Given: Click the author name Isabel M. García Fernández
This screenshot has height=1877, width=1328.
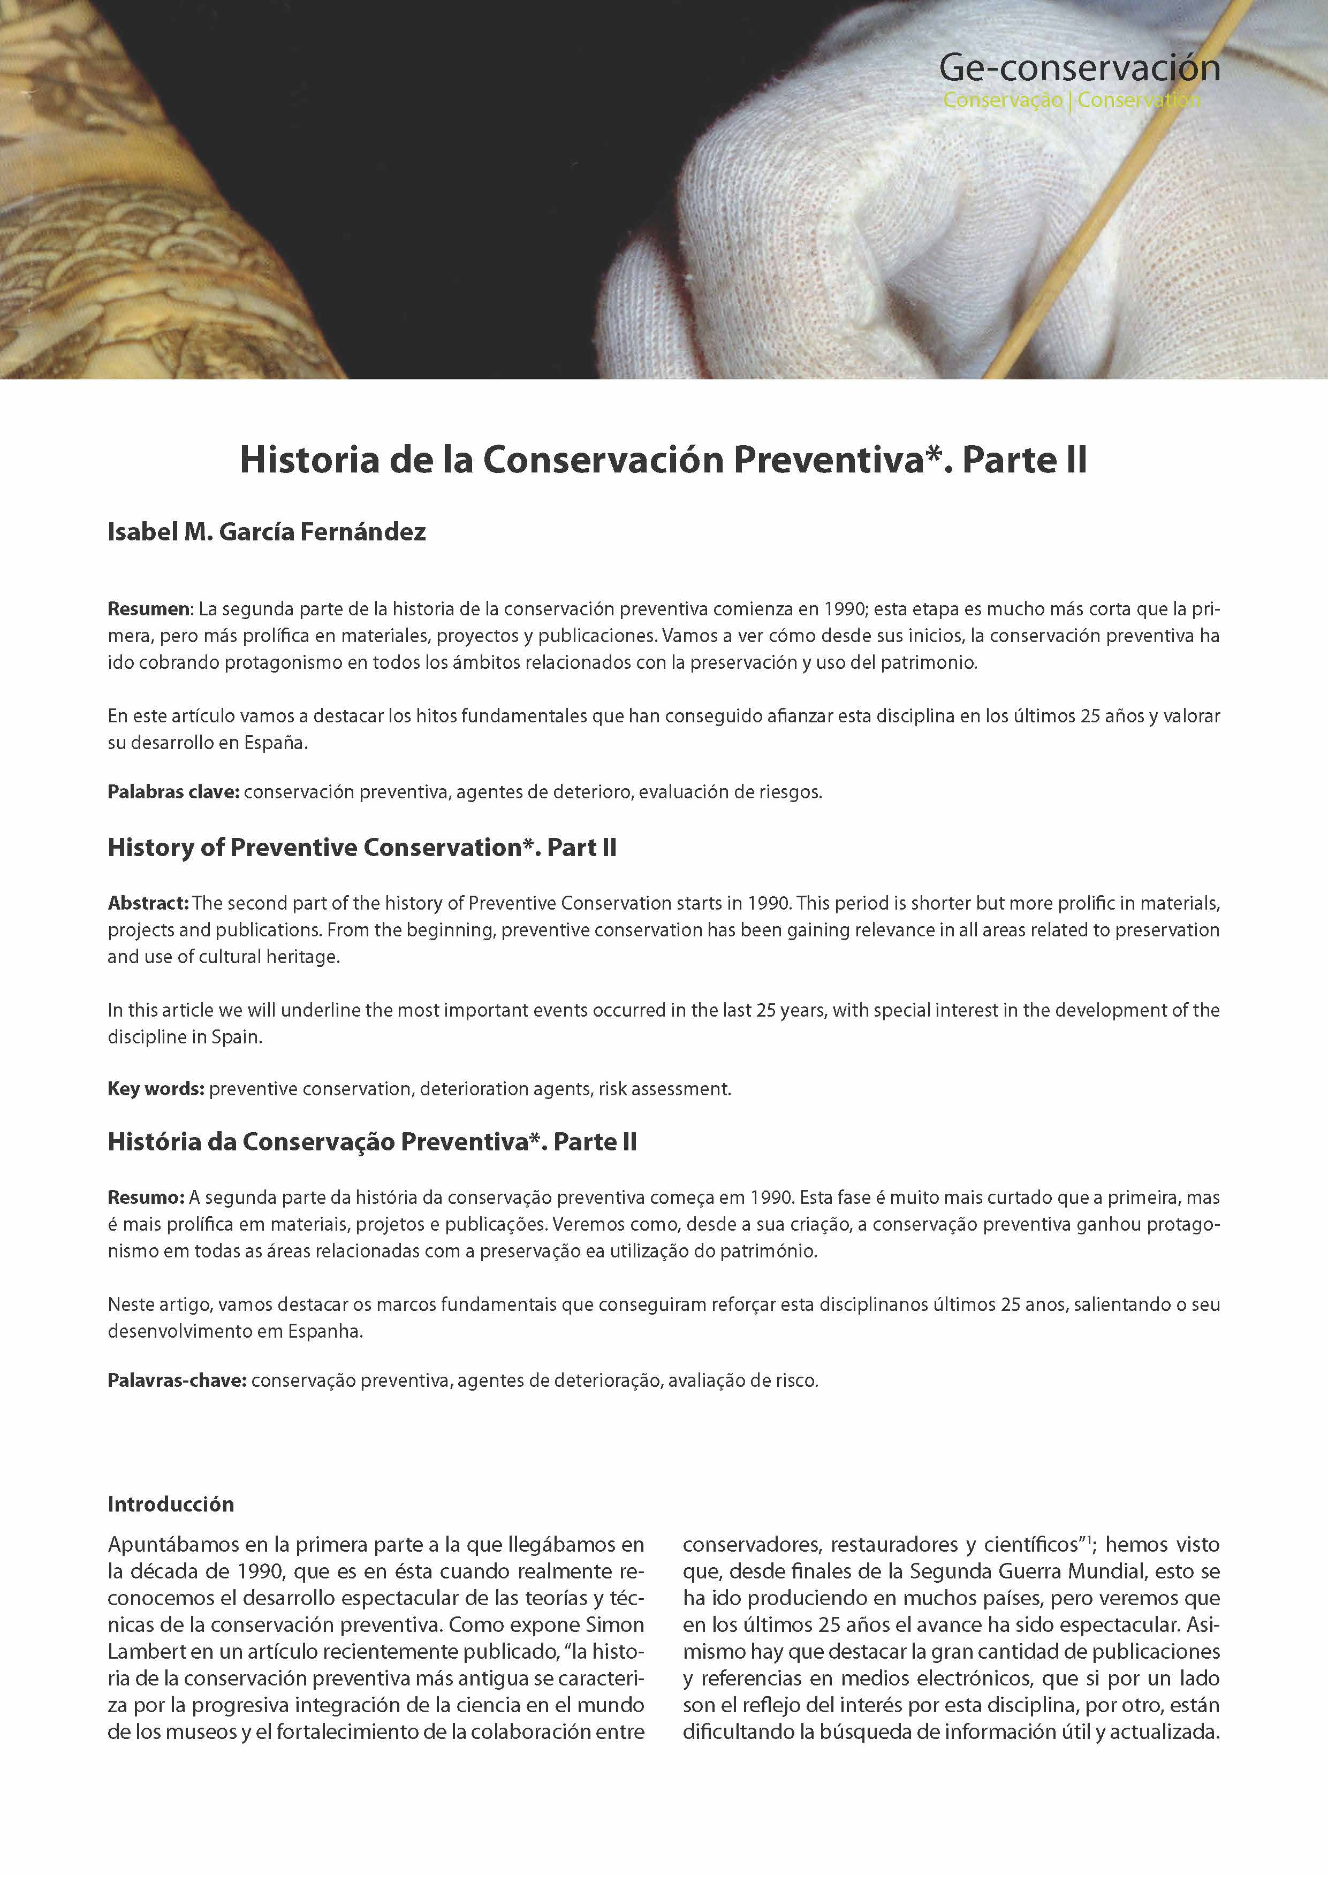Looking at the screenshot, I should click(x=267, y=532).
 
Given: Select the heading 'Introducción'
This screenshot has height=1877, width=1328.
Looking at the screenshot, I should click(x=171, y=1504).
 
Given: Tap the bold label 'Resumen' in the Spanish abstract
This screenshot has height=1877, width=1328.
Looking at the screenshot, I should click(x=149, y=609).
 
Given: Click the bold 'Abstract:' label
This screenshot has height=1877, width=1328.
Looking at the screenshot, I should click(x=148, y=903).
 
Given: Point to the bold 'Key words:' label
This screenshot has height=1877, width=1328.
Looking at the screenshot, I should click(x=155, y=1089).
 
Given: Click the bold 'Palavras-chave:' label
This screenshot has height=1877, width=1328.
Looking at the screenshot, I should click(x=177, y=1381).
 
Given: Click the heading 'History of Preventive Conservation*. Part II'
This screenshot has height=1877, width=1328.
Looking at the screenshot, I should click(x=361, y=848).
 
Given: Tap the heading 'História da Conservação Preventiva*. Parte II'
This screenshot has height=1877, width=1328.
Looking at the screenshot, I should click(x=372, y=1142).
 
